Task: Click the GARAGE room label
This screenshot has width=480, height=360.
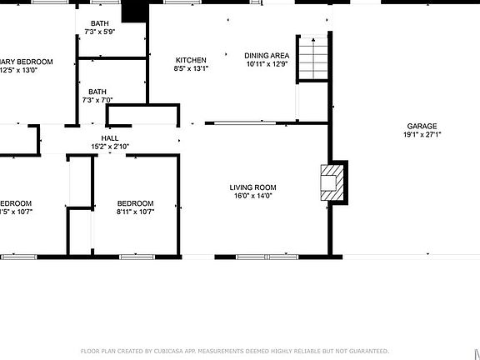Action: [422, 126]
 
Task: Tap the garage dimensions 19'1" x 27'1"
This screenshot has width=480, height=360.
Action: [422, 134]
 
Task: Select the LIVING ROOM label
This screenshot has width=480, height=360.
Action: [252, 187]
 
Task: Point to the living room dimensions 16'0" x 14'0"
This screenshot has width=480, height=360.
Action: [252, 197]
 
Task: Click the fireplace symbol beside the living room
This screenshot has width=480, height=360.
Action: [332, 181]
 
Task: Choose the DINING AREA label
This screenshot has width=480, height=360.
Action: [267, 55]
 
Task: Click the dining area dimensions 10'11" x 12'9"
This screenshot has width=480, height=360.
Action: [267, 64]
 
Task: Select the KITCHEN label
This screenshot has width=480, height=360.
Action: [191, 60]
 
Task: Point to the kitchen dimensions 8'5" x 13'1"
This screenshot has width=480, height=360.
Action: [191, 68]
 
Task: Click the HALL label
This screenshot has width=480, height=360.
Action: [110, 138]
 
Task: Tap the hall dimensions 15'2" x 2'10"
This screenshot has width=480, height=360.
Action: [110, 147]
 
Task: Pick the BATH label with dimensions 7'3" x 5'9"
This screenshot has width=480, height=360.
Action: [98, 23]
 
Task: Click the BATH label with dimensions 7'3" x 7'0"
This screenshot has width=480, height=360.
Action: [98, 92]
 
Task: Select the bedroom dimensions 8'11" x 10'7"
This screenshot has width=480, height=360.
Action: [135, 212]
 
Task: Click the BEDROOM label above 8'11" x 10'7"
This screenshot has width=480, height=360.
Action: [135, 203]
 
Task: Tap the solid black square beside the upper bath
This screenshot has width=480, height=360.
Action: [133, 11]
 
